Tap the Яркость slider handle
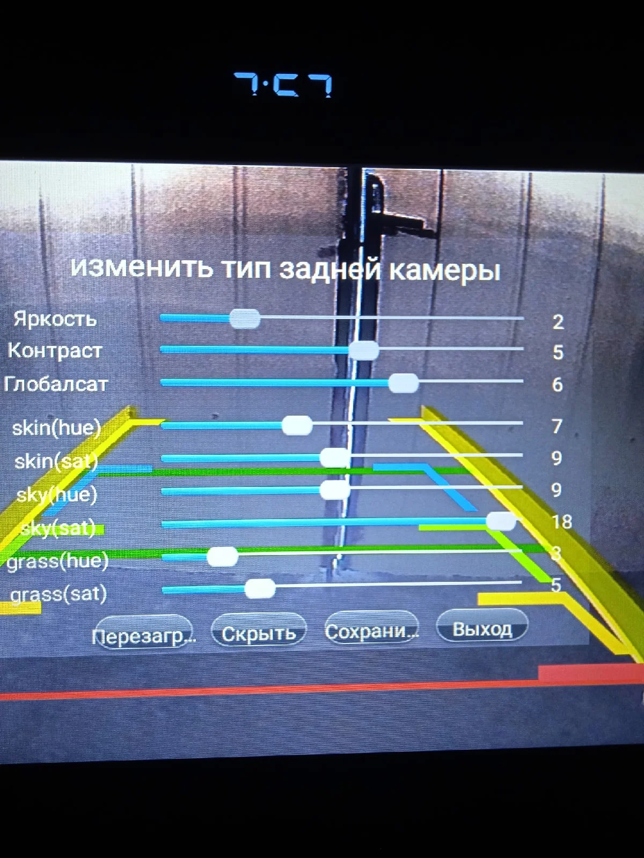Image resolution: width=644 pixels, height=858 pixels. pos(245,319)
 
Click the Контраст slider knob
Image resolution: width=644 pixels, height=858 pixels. pos(363,351)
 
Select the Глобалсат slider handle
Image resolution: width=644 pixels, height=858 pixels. pos(403,383)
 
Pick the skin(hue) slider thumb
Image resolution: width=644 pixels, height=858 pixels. pos(297,425)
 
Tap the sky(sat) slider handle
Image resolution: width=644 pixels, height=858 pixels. pos(501,521)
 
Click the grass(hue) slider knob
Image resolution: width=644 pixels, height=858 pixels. pos(222,557)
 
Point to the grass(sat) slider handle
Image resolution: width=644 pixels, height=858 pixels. pos(260,588)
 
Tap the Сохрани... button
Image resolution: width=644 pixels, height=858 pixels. pos(371,631)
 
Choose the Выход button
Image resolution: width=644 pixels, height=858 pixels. pos(482,628)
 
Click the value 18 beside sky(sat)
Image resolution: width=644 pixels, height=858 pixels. pos(561,521)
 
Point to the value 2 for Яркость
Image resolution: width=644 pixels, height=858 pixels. pos(558,322)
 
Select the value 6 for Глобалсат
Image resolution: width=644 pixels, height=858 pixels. pos(558,384)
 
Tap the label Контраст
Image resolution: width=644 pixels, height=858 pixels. pos(55,351)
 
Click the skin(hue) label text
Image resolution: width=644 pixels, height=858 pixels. pos(56,428)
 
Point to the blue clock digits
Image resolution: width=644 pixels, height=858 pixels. pos(283,85)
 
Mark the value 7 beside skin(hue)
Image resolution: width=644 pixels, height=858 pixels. pos(557,426)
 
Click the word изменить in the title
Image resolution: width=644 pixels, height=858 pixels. pos(141,267)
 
